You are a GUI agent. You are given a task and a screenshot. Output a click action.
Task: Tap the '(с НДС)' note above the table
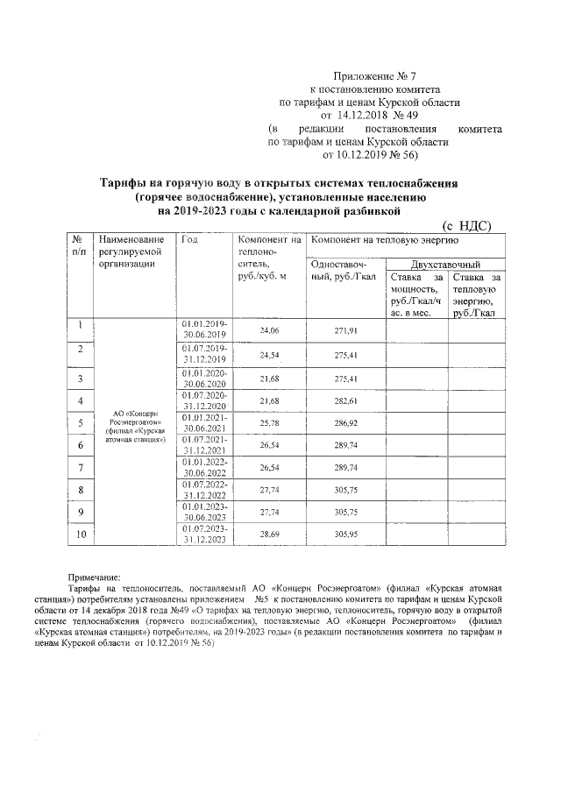point(466,224)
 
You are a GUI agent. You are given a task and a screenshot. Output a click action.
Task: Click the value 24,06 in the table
point(269,330)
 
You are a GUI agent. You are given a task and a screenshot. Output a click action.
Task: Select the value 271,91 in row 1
point(345,330)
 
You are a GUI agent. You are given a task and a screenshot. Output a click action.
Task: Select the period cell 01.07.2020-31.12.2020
point(204,400)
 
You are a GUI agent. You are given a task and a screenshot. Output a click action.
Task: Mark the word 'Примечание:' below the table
point(96,577)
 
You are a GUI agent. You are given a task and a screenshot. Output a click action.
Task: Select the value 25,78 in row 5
point(269,423)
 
